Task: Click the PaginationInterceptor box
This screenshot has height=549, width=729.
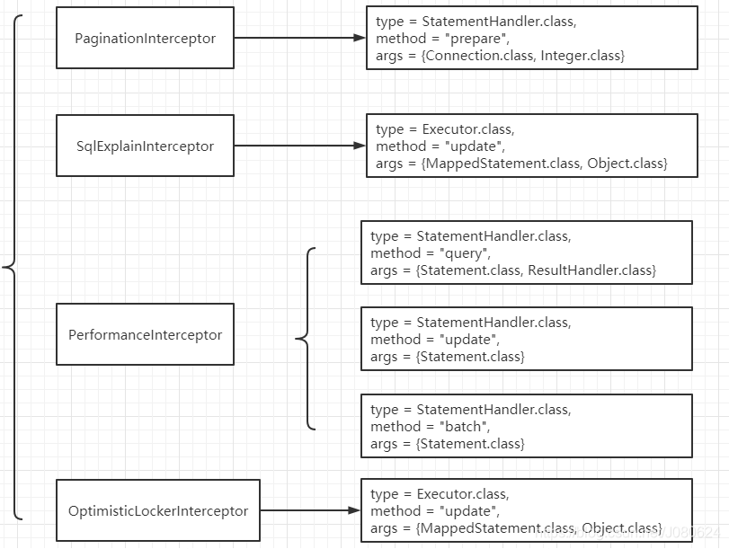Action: tap(145, 38)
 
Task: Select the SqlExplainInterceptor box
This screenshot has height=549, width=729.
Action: tap(145, 146)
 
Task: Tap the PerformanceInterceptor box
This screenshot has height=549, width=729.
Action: tap(145, 334)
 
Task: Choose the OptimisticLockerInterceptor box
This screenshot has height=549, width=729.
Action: tap(158, 510)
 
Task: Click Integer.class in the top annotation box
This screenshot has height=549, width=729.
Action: tap(582, 56)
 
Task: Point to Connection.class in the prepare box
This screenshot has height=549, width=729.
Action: tap(477, 56)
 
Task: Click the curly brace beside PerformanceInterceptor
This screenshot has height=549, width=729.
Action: tap(304, 339)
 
